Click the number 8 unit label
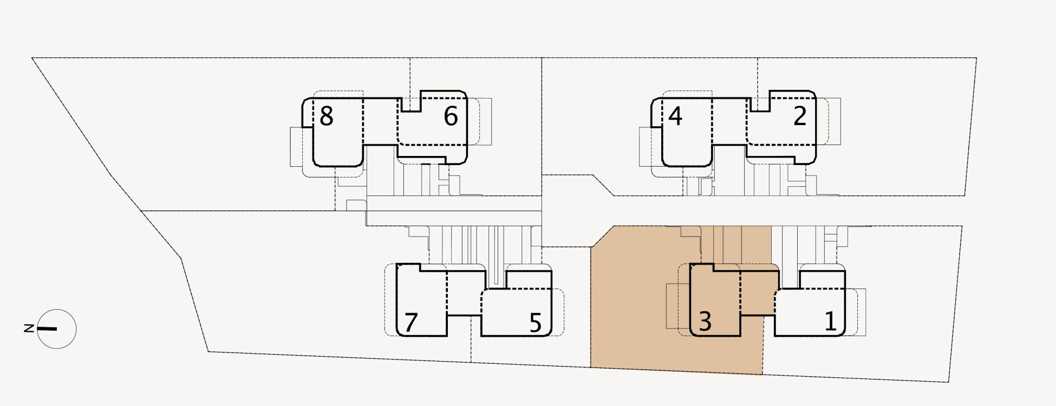click(326, 116)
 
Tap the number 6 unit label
click(451, 116)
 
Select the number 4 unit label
click(675, 116)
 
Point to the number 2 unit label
click(800, 116)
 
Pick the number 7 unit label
click(411, 323)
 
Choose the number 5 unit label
click(535, 323)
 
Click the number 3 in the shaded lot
click(705, 322)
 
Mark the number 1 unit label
click(830, 321)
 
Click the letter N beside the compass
click(29, 328)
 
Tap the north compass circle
click(64, 339)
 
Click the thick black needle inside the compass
click(47, 329)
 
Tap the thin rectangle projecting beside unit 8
click(296, 147)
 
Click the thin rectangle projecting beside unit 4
click(645, 147)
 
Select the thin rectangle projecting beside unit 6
click(485, 121)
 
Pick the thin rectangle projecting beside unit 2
click(835, 121)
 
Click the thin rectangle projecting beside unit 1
click(862, 312)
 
